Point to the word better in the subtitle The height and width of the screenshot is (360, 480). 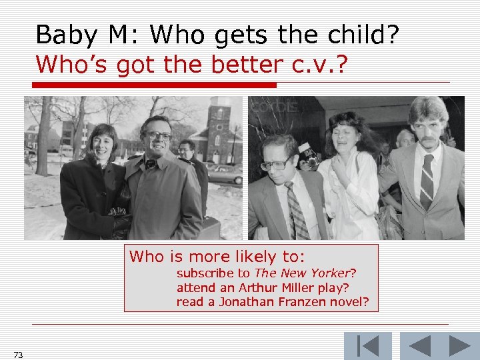pos(246,65)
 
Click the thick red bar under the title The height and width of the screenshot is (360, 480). pos(155,85)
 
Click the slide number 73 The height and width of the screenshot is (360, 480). pos(18,355)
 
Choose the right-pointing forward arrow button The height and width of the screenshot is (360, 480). pos(459,346)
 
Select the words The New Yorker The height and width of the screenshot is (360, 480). pos(302,273)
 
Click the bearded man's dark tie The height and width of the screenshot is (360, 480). pos(426,180)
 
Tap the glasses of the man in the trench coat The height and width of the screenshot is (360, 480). pos(159,135)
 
